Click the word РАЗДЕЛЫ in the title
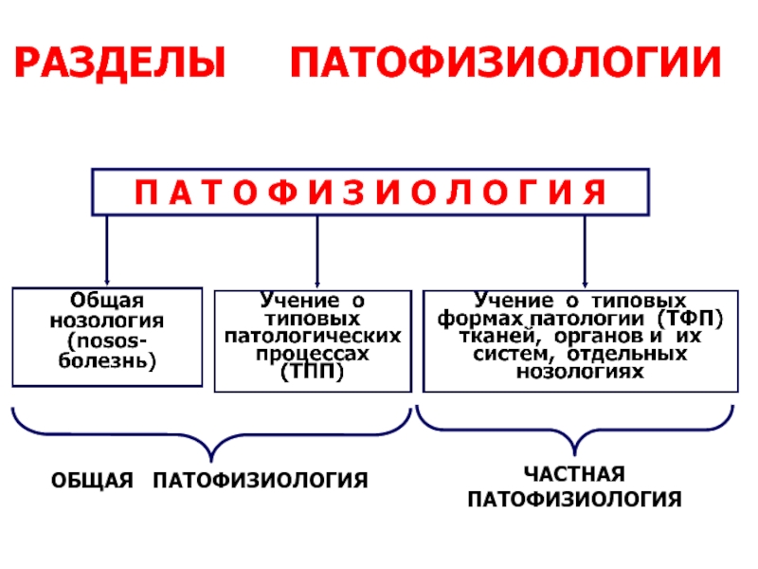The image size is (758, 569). (x=120, y=63)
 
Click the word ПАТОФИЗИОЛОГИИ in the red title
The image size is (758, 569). (x=505, y=62)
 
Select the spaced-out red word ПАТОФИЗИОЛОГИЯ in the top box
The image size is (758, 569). (x=370, y=193)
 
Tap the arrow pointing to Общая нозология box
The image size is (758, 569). (x=107, y=250)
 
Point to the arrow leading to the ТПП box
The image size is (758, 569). (x=317, y=251)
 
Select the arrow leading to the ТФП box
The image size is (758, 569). (x=585, y=251)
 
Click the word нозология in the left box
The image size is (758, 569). (x=107, y=321)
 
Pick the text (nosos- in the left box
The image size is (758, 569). (x=107, y=341)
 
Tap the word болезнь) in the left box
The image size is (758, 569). (x=107, y=361)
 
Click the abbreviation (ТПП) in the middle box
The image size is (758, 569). (x=313, y=372)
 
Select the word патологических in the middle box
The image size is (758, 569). (x=313, y=336)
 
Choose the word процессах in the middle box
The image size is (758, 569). (x=313, y=354)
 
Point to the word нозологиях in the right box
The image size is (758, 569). (x=580, y=372)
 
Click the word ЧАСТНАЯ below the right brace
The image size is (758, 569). (x=574, y=474)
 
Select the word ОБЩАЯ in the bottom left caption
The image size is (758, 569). (x=92, y=481)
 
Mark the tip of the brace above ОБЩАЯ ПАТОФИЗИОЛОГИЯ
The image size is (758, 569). (x=211, y=461)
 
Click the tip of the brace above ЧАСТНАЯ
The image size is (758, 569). (x=574, y=455)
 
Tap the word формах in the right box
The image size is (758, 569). (x=480, y=319)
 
